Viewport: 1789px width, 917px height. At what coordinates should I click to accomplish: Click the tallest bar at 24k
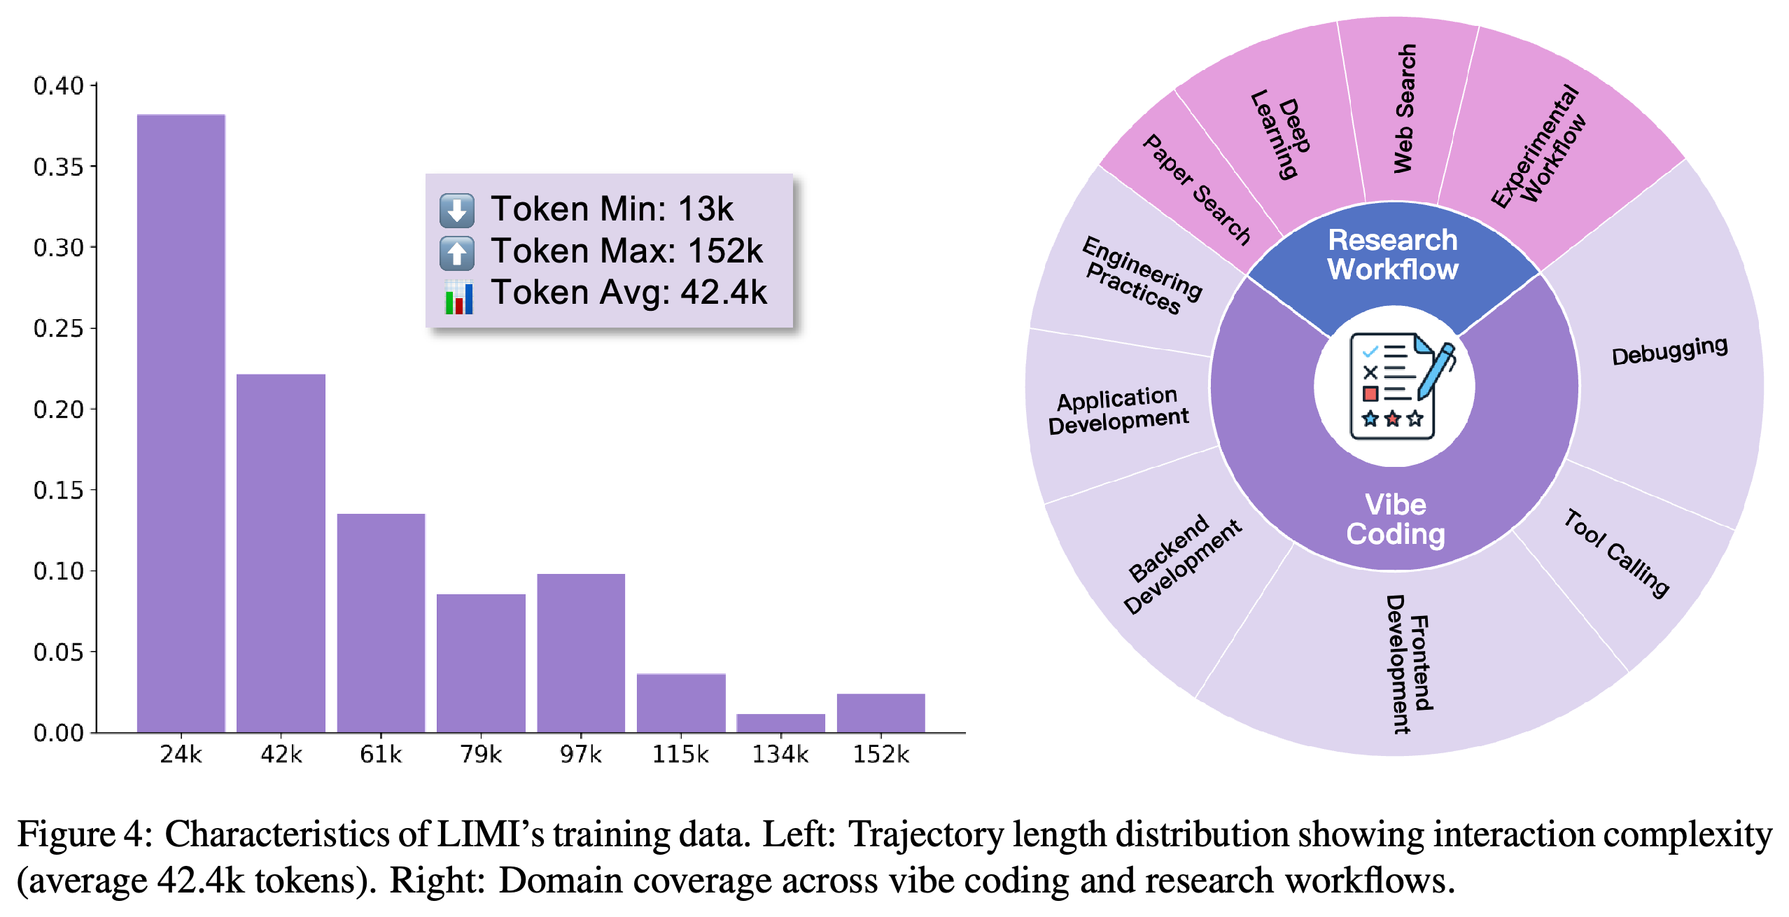coord(181,423)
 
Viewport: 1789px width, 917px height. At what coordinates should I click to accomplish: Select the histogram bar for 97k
coord(581,653)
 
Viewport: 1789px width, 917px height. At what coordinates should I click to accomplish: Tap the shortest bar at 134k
coord(781,723)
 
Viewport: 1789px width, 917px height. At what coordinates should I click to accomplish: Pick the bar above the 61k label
coord(381,623)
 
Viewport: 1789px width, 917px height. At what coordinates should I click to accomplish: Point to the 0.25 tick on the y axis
coord(94,328)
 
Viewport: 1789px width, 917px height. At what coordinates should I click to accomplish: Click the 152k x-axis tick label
coord(881,754)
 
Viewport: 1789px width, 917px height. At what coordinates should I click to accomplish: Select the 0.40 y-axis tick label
coord(58,85)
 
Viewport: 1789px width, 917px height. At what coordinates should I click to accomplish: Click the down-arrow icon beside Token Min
coord(457,210)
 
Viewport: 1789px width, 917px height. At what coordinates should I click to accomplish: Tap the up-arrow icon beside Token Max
coord(457,253)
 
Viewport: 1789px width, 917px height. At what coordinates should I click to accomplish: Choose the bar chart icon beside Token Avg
coord(459,297)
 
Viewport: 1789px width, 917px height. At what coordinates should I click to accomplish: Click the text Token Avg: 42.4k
coord(629,293)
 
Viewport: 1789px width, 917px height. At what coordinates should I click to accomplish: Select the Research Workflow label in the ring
coord(1393,255)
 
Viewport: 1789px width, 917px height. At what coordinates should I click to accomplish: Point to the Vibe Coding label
coord(1396,519)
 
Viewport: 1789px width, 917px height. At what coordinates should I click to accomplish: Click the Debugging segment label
coord(1669,350)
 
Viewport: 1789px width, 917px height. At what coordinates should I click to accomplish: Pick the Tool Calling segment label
coord(1617,553)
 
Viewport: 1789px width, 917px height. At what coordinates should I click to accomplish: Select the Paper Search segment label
coord(1196,190)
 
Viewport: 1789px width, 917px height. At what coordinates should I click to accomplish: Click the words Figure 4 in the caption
coord(84,834)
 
